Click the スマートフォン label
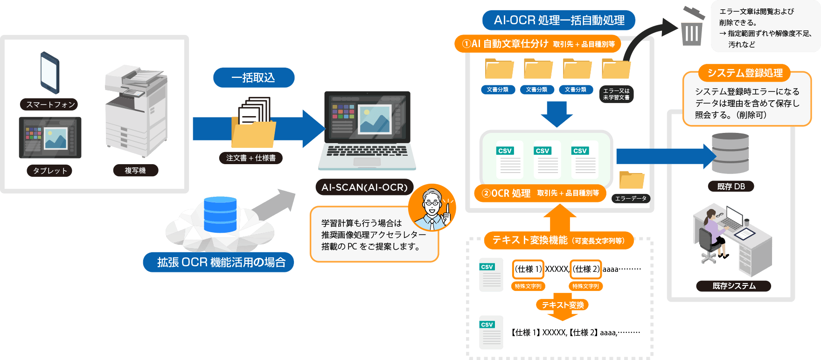[x=49, y=104]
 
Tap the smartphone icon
[x=50, y=73]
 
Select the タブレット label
[x=50, y=171]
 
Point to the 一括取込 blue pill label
[x=254, y=77]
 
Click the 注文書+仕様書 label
[x=251, y=158]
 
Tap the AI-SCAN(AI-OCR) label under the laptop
[x=364, y=187]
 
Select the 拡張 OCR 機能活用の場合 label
[x=219, y=263]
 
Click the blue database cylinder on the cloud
[x=220, y=215]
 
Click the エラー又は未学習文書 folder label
[x=616, y=94]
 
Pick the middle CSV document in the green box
[x=547, y=160]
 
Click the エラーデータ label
[x=631, y=199]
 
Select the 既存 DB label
[x=731, y=187]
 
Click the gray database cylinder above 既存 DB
[x=731, y=153]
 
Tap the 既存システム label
[x=734, y=286]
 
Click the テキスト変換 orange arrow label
[x=563, y=305]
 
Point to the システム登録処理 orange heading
[x=744, y=73]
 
